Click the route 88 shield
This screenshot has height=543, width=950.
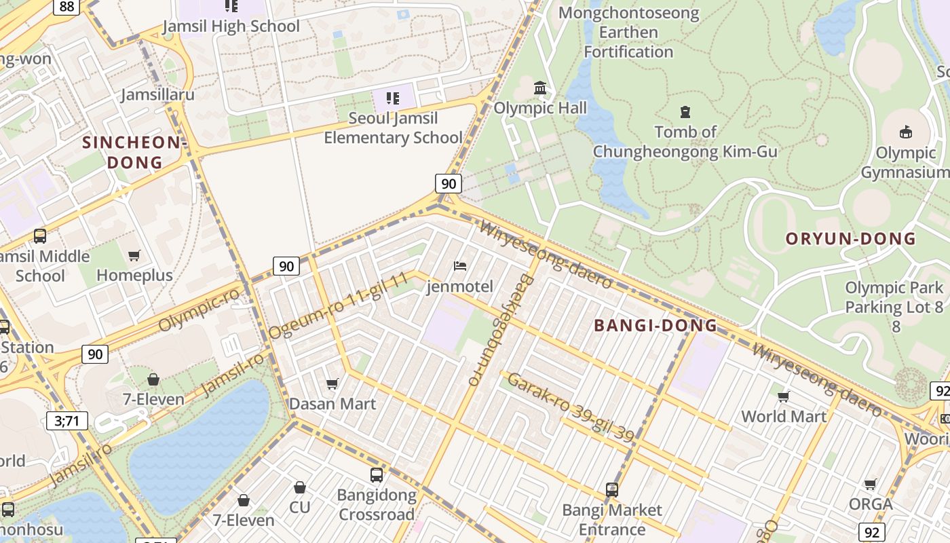tap(66, 6)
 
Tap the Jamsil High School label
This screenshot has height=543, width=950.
tap(231, 26)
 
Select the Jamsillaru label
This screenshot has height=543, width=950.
tap(157, 94)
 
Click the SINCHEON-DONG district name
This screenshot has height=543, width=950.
tap(134, 153)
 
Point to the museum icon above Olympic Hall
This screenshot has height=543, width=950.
tap(540, 88)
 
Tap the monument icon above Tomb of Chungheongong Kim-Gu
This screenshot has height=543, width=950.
tap(685, 111)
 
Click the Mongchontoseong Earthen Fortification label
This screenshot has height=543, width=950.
tap(628, 32)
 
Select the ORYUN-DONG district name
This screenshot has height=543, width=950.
tap(850, 239)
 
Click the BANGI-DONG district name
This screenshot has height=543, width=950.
tap(655, 326)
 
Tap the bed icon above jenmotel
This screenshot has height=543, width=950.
tap(460, 266)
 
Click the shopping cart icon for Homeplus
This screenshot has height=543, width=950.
tap(134, 256)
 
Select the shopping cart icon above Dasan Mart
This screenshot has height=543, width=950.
tap(332, 384)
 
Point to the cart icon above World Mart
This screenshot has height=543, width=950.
tap(784, 396)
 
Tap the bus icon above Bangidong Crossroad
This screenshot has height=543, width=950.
tap(377, 475)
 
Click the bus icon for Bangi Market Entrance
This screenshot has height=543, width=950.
tap(612, 490)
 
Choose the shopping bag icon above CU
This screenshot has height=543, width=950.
tap(299, 487)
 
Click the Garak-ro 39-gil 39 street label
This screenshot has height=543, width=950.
tap(571, 407)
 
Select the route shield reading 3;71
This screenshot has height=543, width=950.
tap(67, 421)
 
